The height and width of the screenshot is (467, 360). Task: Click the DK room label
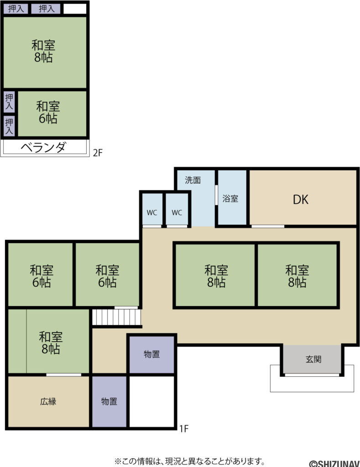tap(300, 200)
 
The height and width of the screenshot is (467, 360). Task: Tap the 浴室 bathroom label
tap(230, 199)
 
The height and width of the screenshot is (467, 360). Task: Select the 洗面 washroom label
tap(193, 180)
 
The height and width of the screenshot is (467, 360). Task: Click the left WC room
tap(152, 209)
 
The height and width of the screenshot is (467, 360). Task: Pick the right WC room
tap(177, 209)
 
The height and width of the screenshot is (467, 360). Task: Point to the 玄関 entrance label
tap(313, 359)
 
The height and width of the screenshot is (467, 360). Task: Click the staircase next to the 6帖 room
tap(116, 317)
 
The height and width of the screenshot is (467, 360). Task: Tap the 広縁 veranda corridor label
tap(48, 401)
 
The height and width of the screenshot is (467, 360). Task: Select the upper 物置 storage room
tap(151, 354)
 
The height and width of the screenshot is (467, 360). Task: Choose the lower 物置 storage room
tap(109, 401)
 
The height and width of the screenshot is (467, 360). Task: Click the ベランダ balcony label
tap(43, 147)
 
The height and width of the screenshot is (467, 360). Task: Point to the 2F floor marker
tap(98, 153)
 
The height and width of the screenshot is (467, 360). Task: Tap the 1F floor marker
tap(184, 429)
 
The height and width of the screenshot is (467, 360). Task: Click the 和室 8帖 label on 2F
tap(43, 51)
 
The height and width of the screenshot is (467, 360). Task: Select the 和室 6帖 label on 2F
tap(48, 112)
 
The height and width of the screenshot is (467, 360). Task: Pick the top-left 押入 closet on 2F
tap(16, 9)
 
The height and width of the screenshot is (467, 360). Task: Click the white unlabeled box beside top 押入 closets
tap(75, 9)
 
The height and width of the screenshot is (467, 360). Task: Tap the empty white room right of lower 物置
tap(151, 401)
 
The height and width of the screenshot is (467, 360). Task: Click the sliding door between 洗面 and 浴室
tap(216, 195)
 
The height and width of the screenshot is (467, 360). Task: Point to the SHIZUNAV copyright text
tap(334, 464)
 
